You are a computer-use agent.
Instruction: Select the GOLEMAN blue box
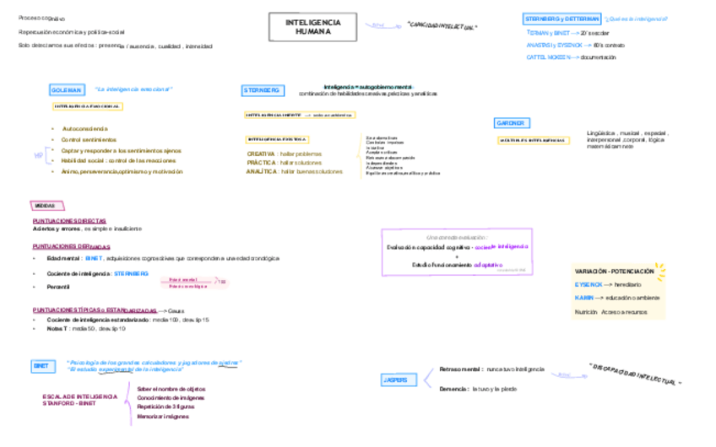pos(67,89)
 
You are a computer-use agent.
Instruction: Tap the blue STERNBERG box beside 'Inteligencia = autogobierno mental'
pos(262,90)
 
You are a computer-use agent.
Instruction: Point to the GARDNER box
pos(512,123)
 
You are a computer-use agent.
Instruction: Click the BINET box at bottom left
pos(41,366)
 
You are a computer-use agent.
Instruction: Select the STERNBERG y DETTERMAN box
pos(561,19)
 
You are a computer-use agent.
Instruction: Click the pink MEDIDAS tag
pos(46,206)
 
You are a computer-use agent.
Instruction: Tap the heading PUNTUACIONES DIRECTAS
pos(69,221)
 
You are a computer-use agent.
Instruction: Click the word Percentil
pos(58,287)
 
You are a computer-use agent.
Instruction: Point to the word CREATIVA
pos(261,154)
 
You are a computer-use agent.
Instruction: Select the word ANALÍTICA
pos(262,171)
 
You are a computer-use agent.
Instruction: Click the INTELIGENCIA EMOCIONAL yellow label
pos(88,107)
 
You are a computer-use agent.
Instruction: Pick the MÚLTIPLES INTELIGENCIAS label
pos(532,140)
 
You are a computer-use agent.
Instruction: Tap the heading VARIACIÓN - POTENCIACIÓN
pos(614,272)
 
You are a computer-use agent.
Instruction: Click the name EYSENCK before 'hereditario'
pos(588,284)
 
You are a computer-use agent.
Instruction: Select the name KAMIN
pos(584,298)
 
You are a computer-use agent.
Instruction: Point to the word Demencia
pos(453,389)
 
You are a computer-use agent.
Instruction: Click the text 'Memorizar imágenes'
pos(163,416)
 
